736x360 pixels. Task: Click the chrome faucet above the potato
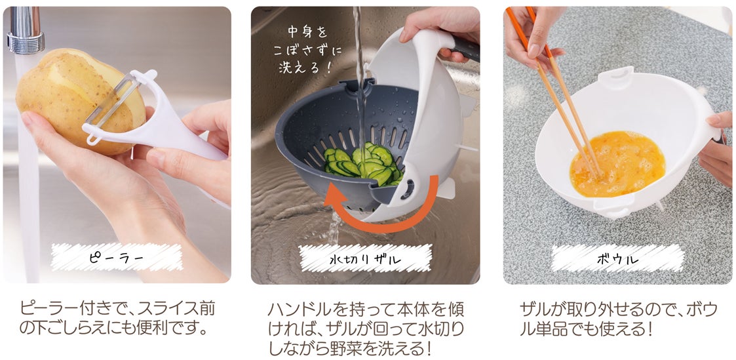(x=26, y=30)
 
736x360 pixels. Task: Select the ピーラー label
(x=117, y=257)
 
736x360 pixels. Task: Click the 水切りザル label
(x=365, y=258)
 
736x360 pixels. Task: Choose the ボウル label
(x=618, y=258)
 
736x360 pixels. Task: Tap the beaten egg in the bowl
(x=617, y=164)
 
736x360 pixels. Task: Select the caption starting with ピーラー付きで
(x=117, y=318)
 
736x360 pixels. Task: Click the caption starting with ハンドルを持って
(x=366, y=329)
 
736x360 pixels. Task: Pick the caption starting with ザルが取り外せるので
(x=619, y=318)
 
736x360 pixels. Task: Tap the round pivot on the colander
(x=406, y=189)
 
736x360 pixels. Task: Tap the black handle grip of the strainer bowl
(x=465, y=47)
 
